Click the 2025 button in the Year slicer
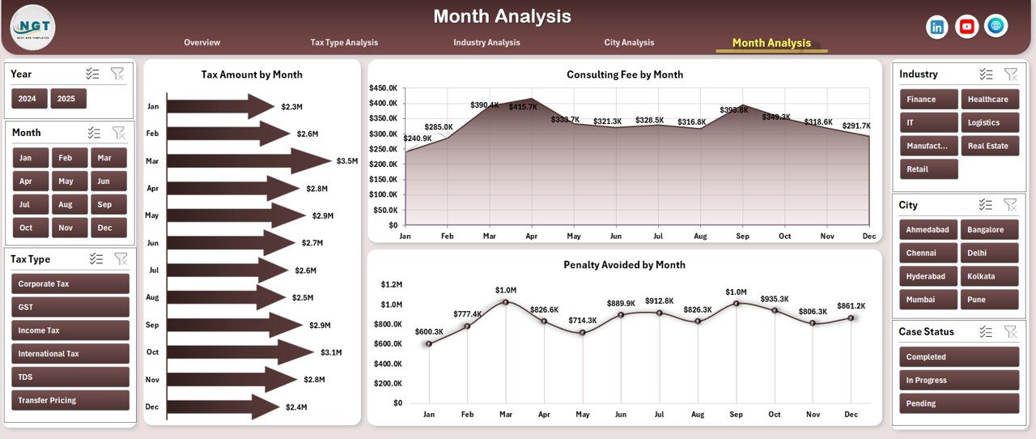pyautogui.click(x=68, y=99)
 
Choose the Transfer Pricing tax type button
pyautogui.click(x=70, y=400)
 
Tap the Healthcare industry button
pyautogui.click(x=989, y=100)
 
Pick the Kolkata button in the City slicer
pyautogui.click(x=989, y=276)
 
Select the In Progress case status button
pyautogui.click(x=958, y=380)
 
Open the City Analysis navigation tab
pyautogui.click(x=629, y=43)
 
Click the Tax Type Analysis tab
pyautogui.click(x=344, y=43)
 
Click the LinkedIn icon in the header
pyautogui.click(x=937, y=27)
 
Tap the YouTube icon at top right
pyautogui.click(x=966, y=27)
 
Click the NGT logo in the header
pyautogui.click(x=33, y=27)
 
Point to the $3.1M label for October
pyautogui.click(x=331, y=352)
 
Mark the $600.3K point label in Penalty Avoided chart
pyautogui.click(x=428, y=332)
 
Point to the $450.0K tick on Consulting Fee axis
pyautogui.click(x=383, y=87)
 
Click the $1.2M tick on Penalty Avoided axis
pyautogui.click(x=391, y=284)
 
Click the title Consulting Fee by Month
pyautogui.click(x=624, y=75)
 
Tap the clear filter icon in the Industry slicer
pyautogui.click(x=1010, y=74)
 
